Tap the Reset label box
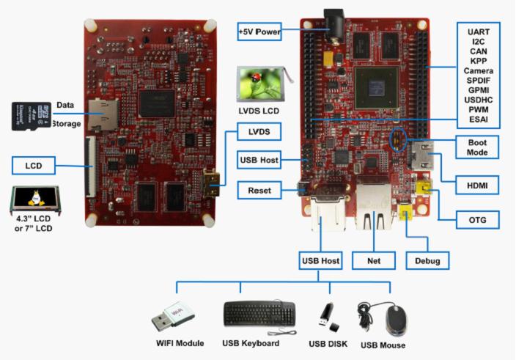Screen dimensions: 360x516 click(x=259, y=191)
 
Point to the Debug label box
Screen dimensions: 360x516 click(x=427, y=259)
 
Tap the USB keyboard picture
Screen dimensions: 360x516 click(x=259, y=315)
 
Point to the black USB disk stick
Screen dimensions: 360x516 click(x=325, y=316)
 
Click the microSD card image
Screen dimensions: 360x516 click(x=29, y=115)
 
